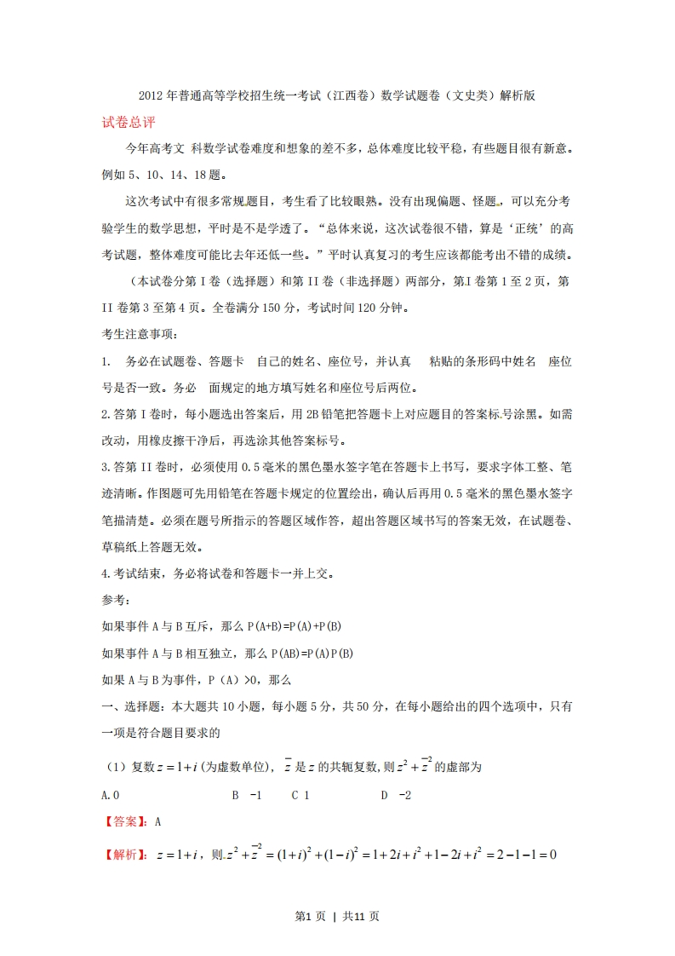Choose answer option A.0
(x=110, y=795)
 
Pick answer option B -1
(x=246, y=795)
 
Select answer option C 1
(x=300, y=795)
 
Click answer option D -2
(x=396, y=795)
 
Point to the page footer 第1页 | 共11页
(x=337, y=916)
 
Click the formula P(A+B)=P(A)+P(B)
(x=295, y=627)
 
